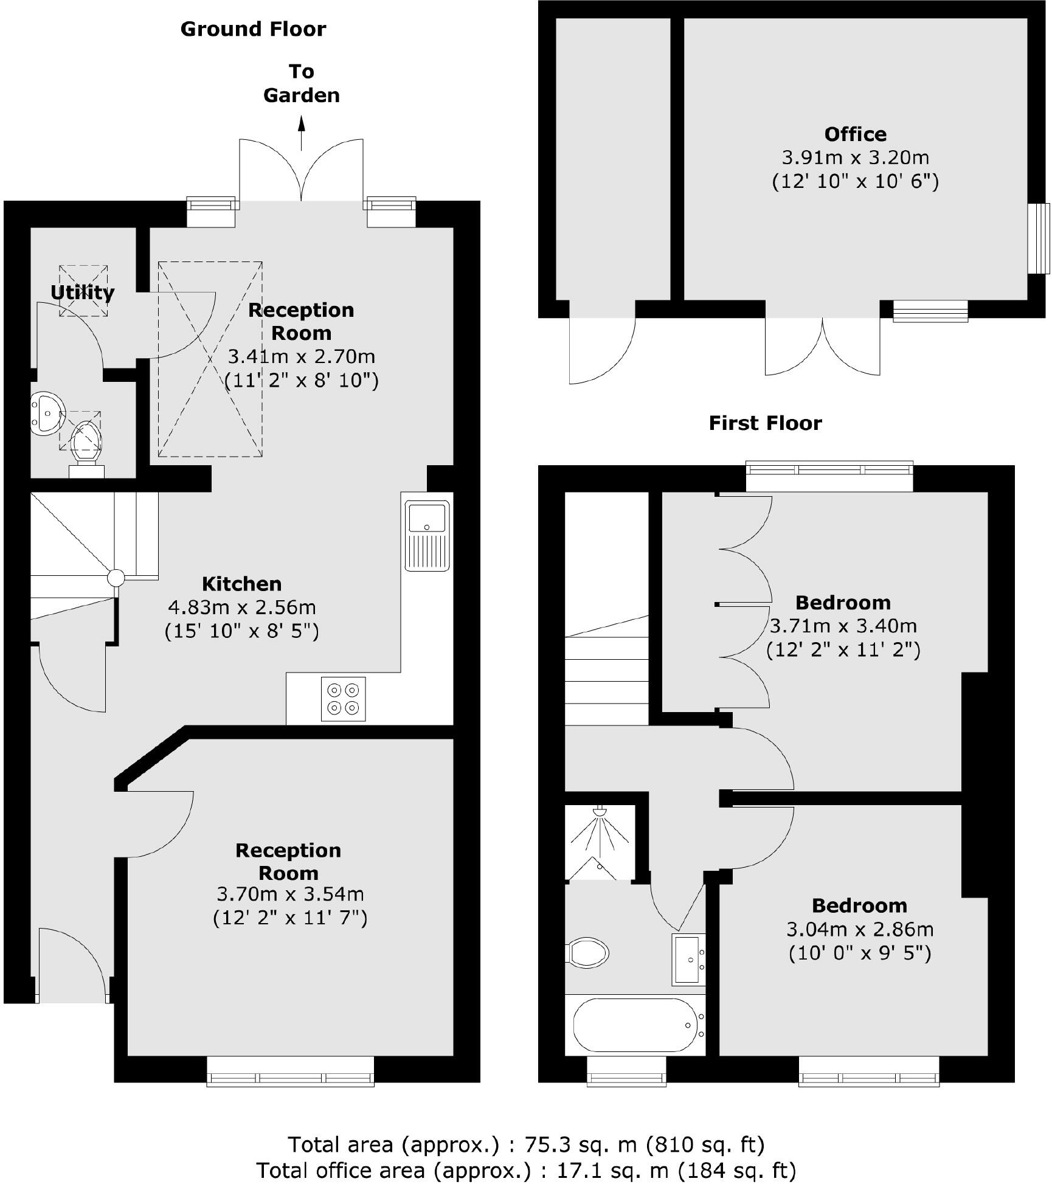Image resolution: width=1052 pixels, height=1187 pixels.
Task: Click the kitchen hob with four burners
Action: tap(344, 699)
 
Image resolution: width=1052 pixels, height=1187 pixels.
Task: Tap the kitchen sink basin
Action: tap(427, 517)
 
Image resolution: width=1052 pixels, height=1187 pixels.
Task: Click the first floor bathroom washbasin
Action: tap(688, 960)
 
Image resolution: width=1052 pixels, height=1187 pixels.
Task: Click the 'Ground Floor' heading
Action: tap(253, 29)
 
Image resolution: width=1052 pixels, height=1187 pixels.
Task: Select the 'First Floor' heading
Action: tap(765, 423)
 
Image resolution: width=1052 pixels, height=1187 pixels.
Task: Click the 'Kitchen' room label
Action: tap(241, 584)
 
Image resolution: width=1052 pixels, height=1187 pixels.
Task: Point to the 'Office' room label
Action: tap(855, 134)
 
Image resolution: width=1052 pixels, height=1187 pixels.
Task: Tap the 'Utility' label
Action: tap(82, 292)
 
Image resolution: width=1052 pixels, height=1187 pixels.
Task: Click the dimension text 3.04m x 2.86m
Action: tap(859, 929)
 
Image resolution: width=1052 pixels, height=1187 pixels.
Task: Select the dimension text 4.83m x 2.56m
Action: tap(241, 607)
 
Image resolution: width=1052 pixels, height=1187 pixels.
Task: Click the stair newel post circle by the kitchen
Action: tap(116, 578)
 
